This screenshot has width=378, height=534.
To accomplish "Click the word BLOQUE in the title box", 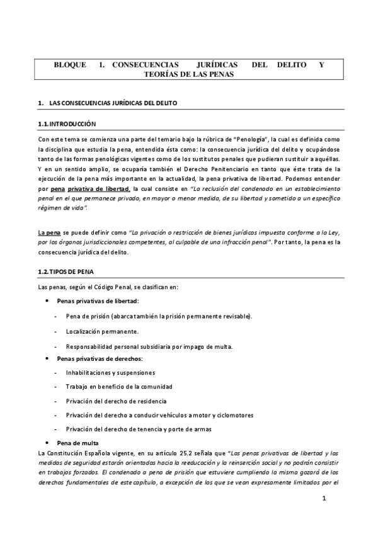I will (x=71, y=64).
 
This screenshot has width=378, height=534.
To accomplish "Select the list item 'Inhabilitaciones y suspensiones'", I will (x=110, y=373).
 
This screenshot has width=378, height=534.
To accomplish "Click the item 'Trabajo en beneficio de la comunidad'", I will (x=119, y=387).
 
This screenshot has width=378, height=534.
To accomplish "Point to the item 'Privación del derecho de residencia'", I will (x=117, y=401).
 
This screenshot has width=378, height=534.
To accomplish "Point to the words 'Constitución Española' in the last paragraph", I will (x=78, y=453).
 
